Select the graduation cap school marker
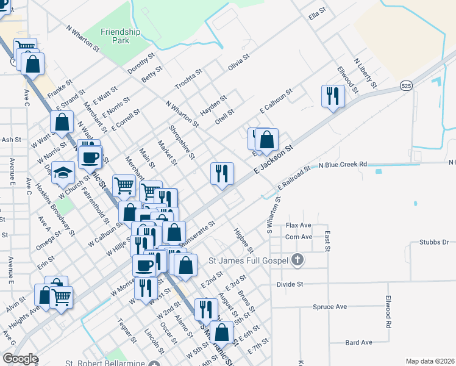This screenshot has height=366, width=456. pyautogui.click(x=63, y=174)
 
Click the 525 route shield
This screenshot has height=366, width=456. pyautogui.click(x=407, y=86)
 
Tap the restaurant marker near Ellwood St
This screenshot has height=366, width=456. pyautogui.click(x=333, y=96)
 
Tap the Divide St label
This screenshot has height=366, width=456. pyautogui.click(x=290, y=284)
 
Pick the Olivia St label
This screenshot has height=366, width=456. pyautogui.click(x=239, y=62)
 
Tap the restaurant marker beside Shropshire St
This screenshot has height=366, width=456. pyautogui.click(x=222, y=173)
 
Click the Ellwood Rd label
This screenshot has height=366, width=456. pyautogui.click(x=388, y=312)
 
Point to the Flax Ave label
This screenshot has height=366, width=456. pyautogui.click(x=299, y=225)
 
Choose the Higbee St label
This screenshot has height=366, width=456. pyautogui.click(x=244, y=240)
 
